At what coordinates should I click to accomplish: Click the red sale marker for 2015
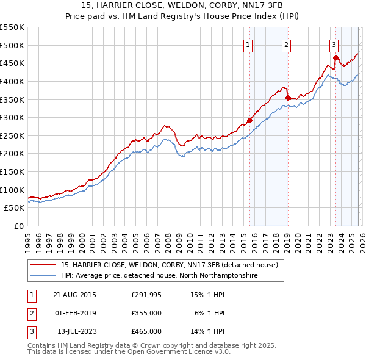(x=249, y=120)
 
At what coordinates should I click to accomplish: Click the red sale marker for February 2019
(x=287, y=97)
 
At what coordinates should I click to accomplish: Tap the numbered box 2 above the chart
(x=286, y=44)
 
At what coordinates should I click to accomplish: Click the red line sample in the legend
(x=43, y=265)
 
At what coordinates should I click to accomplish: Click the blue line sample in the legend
(x=43, y=276)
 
